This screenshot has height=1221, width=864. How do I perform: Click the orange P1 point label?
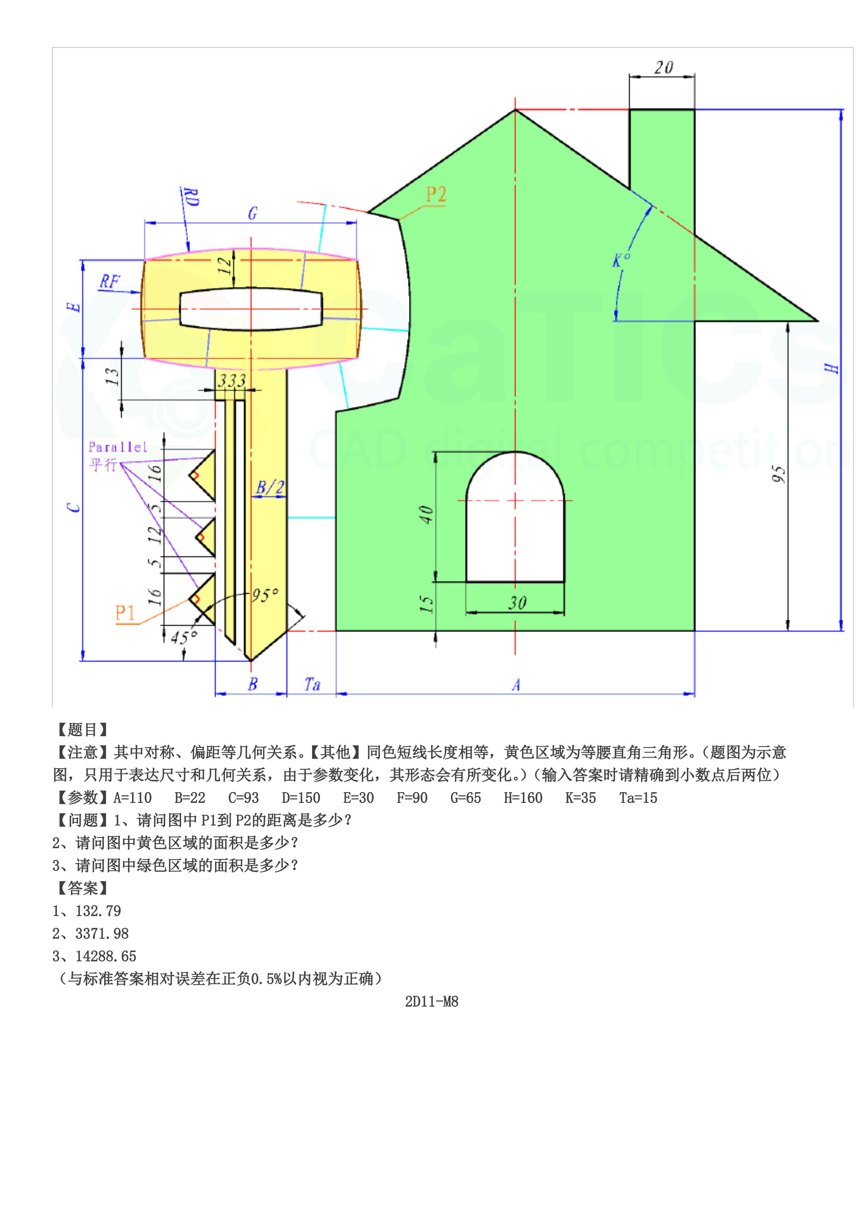pyautogui.click(x=126, y=613)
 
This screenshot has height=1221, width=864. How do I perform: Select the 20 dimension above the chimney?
pyautogui.click(x=663, y=67)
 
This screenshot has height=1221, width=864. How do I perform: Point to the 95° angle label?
pyautogui.click(x=265, y=595)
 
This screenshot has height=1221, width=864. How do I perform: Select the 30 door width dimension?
pyautogui.click(x=517, y=603)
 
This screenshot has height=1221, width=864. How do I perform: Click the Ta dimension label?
pyautogui.click(x=312, y=684)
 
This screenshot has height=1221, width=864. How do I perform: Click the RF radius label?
pyautogui.click(x=110, y=282)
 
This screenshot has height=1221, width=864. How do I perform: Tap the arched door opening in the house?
pyautogui.click(x=515, y=527)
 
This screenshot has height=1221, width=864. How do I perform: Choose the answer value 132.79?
pyautogui.click(x=98, y=911)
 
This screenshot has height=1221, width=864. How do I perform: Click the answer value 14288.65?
pyautogui.click(x=106, y=956)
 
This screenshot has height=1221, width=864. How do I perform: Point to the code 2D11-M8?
pyautogui.click(x=431, y=1002)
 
